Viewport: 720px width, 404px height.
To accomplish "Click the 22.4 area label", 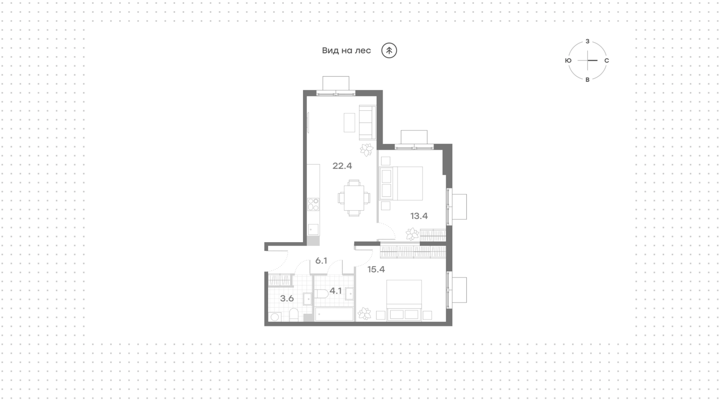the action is click(342, 166).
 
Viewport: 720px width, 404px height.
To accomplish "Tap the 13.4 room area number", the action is click(419, 216).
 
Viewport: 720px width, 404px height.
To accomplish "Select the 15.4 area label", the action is click(376, 269).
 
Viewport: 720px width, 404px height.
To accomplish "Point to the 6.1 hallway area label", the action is click(321, 261).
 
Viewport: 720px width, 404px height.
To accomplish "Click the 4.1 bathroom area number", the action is click(336, 291).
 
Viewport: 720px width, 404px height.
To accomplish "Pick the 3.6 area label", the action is click(287, 299).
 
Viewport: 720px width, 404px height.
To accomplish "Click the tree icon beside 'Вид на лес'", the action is click(389, 51).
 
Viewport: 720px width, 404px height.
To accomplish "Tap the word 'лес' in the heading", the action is click(363, 51).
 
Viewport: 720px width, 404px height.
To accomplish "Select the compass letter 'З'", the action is click(588, 41).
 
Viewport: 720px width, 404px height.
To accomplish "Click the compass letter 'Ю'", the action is click(568, 60).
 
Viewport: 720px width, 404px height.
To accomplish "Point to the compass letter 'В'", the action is click(588, 79).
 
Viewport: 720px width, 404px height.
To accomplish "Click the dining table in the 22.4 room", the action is click(354, 198).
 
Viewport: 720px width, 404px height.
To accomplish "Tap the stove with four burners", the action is click(313, 205).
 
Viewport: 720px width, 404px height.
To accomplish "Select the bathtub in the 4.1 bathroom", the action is click(334, 314).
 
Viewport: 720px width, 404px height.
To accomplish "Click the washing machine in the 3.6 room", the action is click(274, 317).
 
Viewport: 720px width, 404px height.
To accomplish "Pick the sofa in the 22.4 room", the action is click(367, 123).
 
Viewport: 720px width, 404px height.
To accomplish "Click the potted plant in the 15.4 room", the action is click(364, 313).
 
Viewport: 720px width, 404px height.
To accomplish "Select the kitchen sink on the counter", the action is click(313, 229).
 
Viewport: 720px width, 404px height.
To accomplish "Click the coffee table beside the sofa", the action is click(349, 123).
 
